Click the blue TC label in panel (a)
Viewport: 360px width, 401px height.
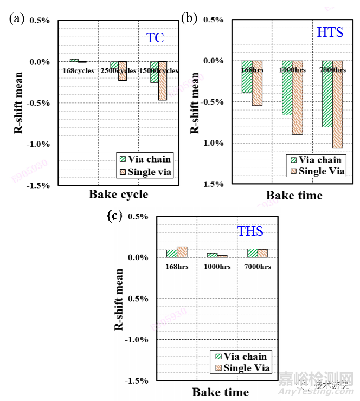[155, 38]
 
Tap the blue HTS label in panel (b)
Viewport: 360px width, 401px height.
[330, 33]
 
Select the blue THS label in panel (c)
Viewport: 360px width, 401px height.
[250, 232]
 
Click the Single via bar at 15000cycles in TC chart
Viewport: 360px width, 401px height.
[162, 81]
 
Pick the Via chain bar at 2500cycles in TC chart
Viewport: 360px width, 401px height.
[114, 64]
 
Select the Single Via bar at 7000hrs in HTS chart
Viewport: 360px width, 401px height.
[337, 104]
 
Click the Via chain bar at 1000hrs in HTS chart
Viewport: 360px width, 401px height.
[287, 88]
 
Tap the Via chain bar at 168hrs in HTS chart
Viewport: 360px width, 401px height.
[247, 76]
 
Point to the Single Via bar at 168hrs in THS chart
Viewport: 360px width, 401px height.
[182, 251]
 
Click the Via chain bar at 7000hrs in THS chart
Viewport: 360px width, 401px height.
[252, 253]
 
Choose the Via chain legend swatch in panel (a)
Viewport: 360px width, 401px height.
[122, 159]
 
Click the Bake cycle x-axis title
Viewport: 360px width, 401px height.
[118, 195]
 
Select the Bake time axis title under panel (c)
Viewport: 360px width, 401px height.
[220, 392]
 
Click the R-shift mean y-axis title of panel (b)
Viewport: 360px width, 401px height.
[194, 102]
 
